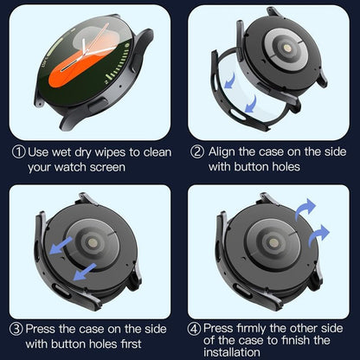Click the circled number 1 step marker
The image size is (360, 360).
click(17, 151)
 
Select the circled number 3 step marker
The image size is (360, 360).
click(17, 329)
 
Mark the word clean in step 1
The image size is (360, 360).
click(152, 151)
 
